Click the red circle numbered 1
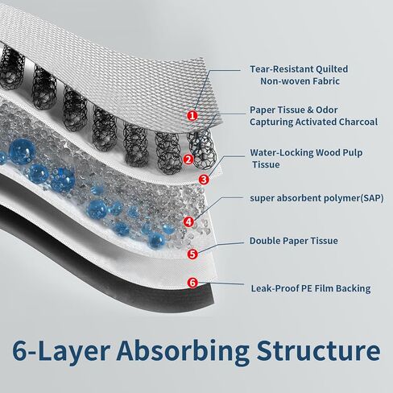point(192,116)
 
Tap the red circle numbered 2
point(188,159)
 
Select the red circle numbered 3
point(204,180)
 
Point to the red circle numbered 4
point(188,221)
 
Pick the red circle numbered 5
point(192,254)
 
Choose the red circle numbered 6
point(192,283)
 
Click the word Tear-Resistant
point(281,69)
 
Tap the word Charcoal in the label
point(358,122)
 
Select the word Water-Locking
point(282,153)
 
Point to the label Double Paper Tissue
point(294,241)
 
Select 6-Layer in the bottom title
point(61,351)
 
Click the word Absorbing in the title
point(183,350)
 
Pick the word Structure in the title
point(319,350)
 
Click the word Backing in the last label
point(354,289)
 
